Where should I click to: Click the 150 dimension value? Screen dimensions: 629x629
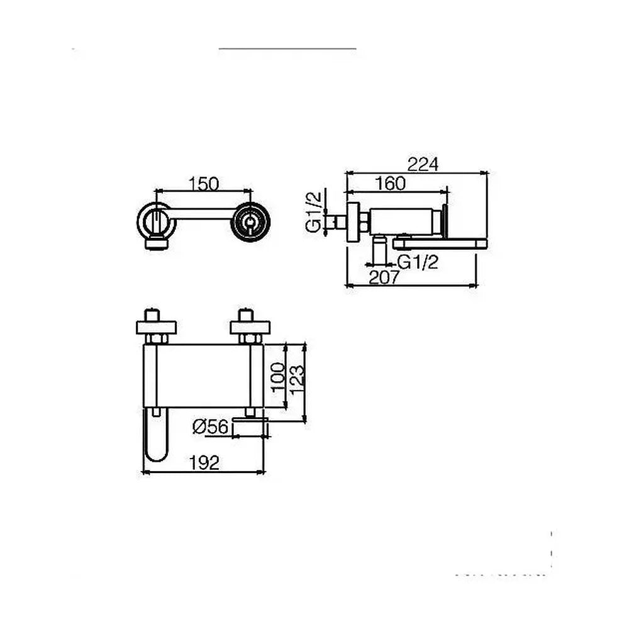[x=204, y=184]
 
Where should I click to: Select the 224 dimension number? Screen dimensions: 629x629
[x=423, y=164]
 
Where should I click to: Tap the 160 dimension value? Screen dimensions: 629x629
[x=391, y=184]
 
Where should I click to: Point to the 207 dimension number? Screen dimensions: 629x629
[x=384, y=277]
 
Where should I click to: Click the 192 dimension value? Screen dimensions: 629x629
[x=204, y=464]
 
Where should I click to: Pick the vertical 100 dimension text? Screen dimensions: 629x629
[x=278, y=378]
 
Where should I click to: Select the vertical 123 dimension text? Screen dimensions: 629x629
[x=296, y=380]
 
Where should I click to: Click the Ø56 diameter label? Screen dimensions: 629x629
[x=211, y=426]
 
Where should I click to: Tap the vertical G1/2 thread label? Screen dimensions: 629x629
[x=314, y=211]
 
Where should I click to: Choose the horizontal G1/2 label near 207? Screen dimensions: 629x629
[x=418, y=262]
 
